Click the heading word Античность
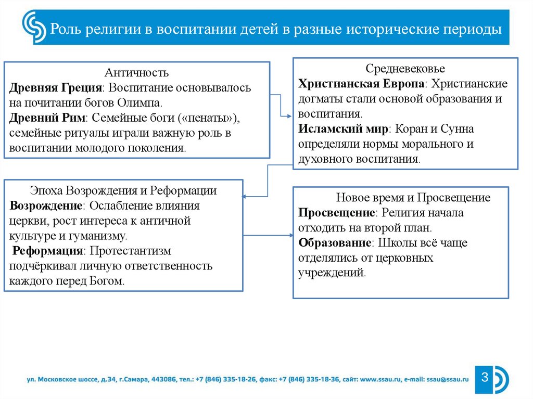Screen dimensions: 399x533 pyautogui.click(x=137, y=72)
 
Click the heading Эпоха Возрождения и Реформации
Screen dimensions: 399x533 pyautogui.click(x=123, y=190)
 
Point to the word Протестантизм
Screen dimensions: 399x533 pyautogui.click(x=130, y=251)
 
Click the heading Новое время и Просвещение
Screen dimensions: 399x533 pyautogui.click(x=413, y=198)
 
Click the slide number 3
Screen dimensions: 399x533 pyautogui.click(x=484, y=377)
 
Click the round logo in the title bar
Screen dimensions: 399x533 pyautogui.click(x=34, y=28)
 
